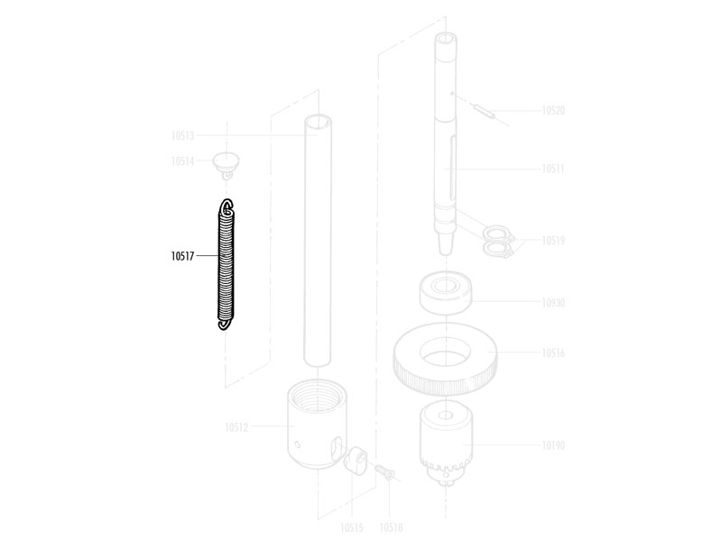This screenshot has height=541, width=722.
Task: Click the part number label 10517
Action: click(x=183, y=256)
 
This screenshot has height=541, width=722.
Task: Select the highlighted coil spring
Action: click(x=227, y=264)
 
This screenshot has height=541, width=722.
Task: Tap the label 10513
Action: click(x=183, y=136)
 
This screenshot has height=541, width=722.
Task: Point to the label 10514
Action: click(x=183, y=161)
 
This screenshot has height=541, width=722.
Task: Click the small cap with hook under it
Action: click(x=226, y=166)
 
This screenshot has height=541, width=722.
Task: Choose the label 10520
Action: click(x=553, y=110)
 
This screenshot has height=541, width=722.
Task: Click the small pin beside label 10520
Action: click(x=484, y=112)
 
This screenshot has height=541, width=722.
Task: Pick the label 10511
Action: click(x=553, y=169)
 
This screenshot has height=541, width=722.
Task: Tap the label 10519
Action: click(x=553, y=241)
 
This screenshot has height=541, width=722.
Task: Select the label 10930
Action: click(x=553, y=303)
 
